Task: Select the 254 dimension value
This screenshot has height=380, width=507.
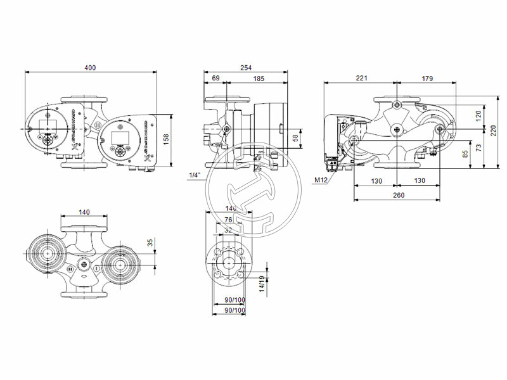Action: (246, 67)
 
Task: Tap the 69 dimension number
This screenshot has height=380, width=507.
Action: (215, 78)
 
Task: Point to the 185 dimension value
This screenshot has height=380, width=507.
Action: (259, 78)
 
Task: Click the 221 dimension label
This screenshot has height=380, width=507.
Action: (361, 78)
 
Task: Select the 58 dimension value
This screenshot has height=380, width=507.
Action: (295, 137)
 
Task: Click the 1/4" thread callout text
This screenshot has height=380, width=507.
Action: (195, 174)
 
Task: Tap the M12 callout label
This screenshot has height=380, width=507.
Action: (321, 180)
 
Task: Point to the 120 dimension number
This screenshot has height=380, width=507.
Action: (478, 115)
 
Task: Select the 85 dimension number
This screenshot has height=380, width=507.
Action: (466, 153)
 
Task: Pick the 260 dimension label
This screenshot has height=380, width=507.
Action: (398, 195)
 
